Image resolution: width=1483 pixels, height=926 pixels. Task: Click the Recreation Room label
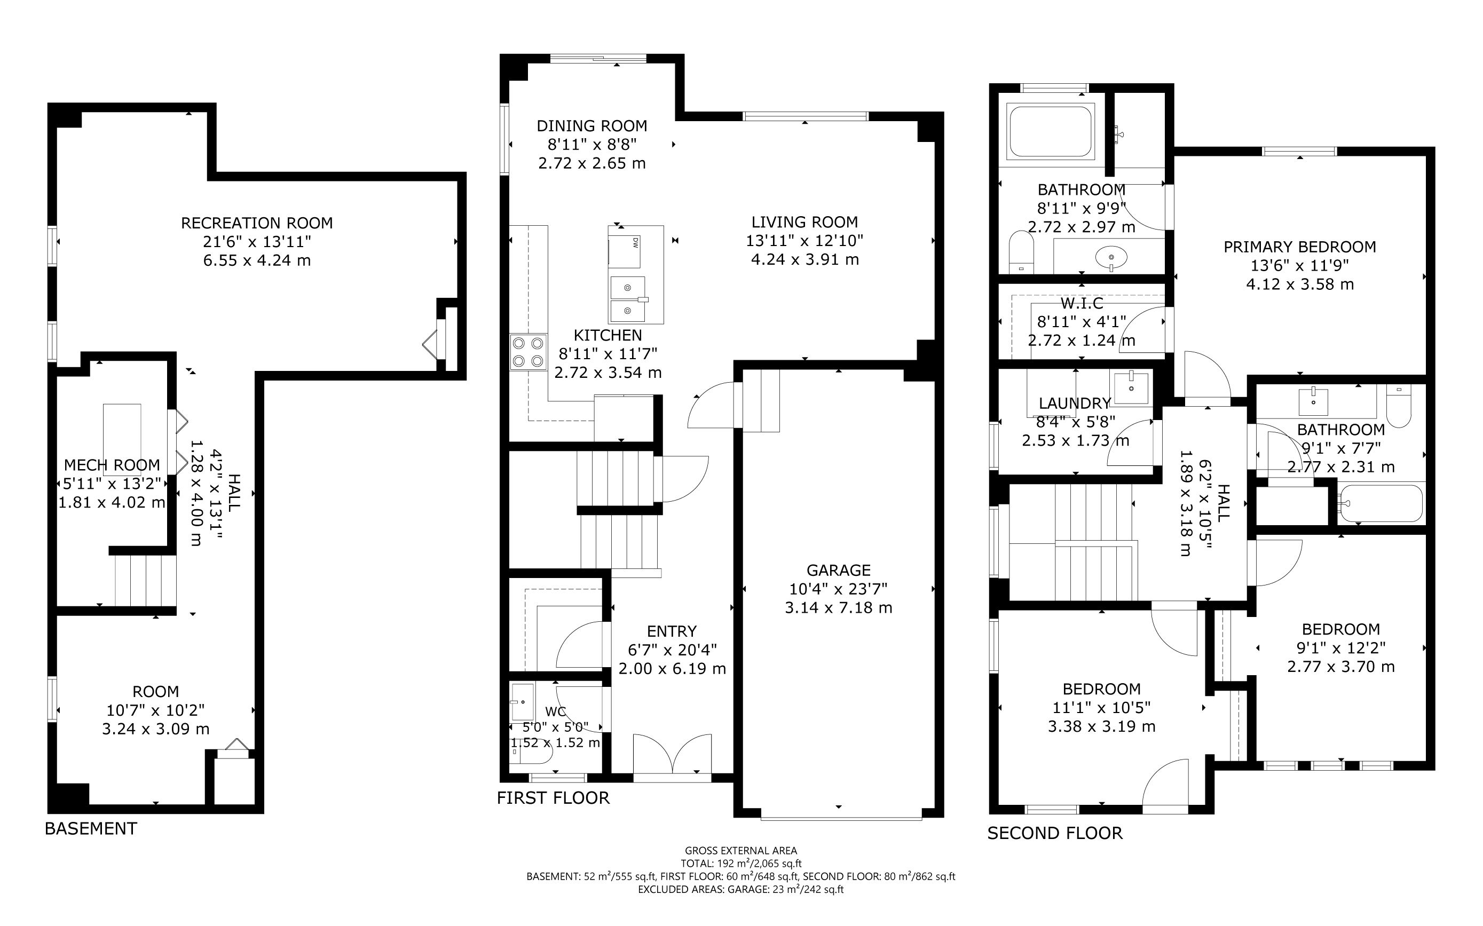click(257, 223)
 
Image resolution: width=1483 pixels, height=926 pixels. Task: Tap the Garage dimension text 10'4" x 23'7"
click(838, 589)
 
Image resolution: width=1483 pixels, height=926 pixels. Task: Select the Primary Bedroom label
click(1300, 247)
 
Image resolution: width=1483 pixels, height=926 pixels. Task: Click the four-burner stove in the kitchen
click(528, 352)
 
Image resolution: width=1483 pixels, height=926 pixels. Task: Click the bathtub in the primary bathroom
click(1051, 132)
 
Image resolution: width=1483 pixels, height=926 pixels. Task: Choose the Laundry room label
click(1075, 403)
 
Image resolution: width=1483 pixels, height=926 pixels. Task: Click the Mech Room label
click(112, 465)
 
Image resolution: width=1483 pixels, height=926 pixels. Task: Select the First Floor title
click(553, 798)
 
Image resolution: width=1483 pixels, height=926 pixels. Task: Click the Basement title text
click(91, 829)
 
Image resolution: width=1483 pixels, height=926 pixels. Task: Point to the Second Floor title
click(1055, 833)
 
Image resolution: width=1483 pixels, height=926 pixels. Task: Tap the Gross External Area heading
click(741, 850)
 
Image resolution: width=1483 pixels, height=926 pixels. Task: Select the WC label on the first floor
click(556, 711)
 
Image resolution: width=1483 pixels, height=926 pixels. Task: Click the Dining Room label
click(591, 126)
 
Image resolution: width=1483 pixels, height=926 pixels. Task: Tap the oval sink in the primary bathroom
click(1110, 256)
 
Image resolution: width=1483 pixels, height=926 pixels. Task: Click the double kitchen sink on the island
click(627, 299)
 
